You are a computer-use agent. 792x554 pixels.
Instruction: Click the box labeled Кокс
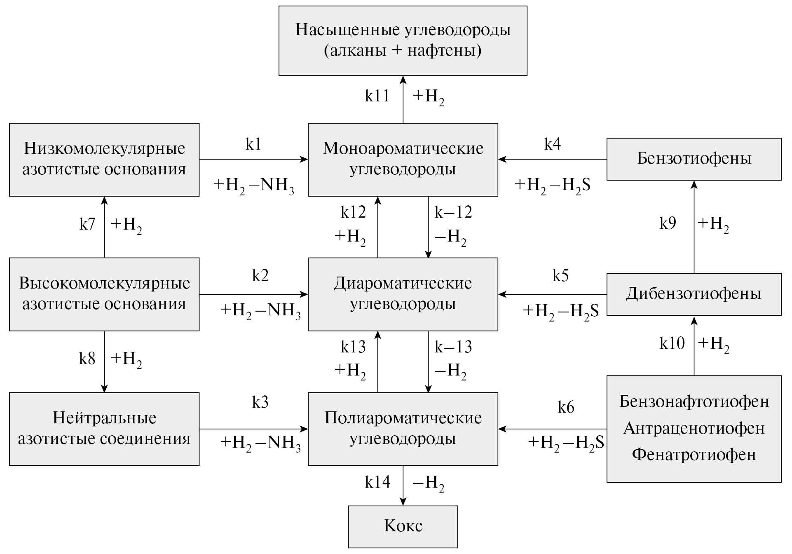point(403,526)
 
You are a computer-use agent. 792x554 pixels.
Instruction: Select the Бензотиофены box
point(694,159)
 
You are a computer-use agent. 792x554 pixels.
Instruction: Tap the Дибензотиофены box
point(694,294)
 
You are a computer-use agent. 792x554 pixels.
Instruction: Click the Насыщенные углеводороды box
point(403,40)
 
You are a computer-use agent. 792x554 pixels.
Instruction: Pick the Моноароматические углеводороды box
point(403,159)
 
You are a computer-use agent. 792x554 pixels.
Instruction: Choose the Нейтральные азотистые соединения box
point(104,429)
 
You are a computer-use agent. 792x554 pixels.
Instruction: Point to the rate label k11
point(377,96)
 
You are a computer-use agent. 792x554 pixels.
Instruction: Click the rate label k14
point(377,482)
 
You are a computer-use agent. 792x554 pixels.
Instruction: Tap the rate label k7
point(87,224)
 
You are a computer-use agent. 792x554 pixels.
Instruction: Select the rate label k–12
point(453,212)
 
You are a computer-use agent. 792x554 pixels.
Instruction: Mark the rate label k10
point(672,343)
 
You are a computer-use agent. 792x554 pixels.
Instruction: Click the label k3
point(260,402)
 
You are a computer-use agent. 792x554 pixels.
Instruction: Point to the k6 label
point(566,407)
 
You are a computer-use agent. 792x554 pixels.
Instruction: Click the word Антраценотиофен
point(694,429)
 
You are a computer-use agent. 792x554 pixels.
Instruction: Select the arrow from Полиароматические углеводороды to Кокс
point(403,486)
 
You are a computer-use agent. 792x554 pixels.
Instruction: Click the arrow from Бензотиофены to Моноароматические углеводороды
point(552,159)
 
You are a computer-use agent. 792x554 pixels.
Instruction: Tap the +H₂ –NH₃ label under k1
point(254,185)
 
